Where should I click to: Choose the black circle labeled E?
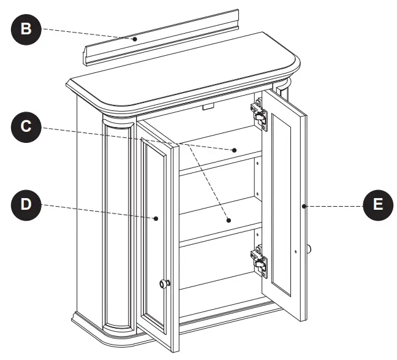[x=378, y=204]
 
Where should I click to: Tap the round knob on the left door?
[x=164, y=283]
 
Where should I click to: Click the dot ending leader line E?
[x=304, y=207]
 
